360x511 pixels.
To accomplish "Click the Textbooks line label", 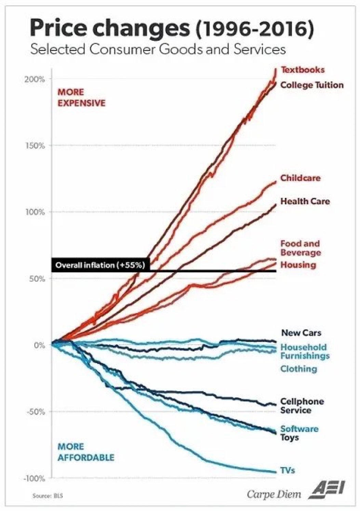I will pos(303,70).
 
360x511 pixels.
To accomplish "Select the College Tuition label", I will pos(312,85).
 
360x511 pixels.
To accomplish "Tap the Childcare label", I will pos(301,178).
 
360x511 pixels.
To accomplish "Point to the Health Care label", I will pos(305,201).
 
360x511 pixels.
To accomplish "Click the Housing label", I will pos(298,265).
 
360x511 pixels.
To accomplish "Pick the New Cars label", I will pos(301,333).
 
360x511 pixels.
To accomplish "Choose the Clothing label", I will pos(298,369).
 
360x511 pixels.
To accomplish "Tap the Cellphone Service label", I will pos(302,406).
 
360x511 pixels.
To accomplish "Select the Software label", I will pos(299,429).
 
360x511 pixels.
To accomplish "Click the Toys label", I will pos(289,438).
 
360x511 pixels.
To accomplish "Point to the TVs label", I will pos(288,470).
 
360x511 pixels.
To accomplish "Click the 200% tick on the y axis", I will pos(35,79).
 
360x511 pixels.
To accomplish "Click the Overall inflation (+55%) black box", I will pos(100,265).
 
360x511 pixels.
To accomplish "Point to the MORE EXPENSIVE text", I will pos(81,98).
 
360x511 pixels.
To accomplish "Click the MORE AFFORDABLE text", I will pos(85,452).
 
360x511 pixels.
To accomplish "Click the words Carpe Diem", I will pos(274,494).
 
